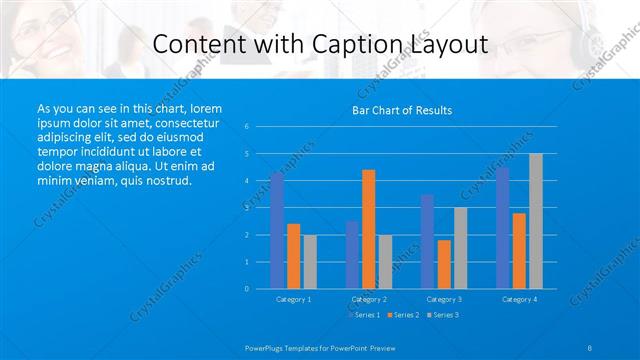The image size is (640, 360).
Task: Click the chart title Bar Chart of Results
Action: (x=401, y=110)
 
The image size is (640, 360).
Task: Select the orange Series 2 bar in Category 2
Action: (x=368, y=229)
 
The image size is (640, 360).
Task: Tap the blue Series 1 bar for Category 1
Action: (x=277, y=230)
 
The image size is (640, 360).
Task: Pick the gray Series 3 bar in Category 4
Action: (x=536, y=221)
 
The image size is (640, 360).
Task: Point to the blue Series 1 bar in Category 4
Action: (x=502, y=228)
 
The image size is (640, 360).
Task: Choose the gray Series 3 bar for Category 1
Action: (x=310, y=261)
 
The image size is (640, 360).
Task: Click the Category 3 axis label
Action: (x=443, y=299)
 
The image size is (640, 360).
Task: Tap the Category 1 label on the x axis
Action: (x=293, y=299)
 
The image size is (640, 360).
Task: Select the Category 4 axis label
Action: (x=519, y=299)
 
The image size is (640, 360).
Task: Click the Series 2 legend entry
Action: (x=404, y=315)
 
